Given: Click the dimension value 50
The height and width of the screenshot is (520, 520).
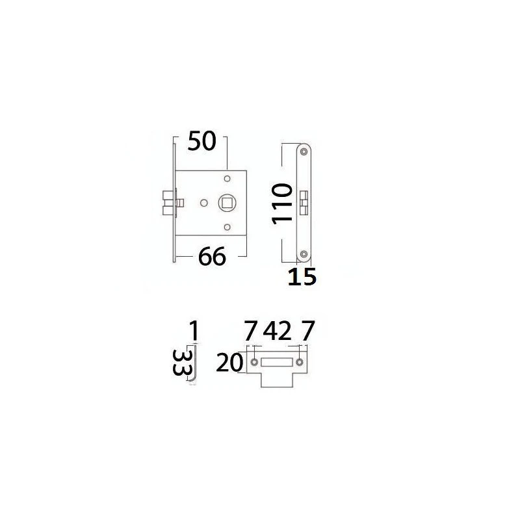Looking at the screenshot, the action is coord(201,141).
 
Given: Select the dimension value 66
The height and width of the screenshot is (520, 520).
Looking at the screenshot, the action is coord(212,256).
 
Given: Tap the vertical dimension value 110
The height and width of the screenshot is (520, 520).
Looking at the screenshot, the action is coord(282,203).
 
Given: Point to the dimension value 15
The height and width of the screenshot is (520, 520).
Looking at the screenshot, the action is coord(302,277).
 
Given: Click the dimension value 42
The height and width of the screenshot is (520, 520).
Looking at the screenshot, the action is coord(278,330).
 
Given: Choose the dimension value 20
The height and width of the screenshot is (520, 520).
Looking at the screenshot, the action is coord(229,363).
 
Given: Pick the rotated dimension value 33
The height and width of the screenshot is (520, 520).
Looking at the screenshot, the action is coord(182,363).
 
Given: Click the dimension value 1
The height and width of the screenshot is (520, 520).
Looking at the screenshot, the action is coord(194,331).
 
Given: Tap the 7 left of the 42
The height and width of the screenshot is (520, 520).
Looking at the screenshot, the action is coord(251,330).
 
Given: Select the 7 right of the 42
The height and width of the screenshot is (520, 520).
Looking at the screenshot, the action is coord(307,330).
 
